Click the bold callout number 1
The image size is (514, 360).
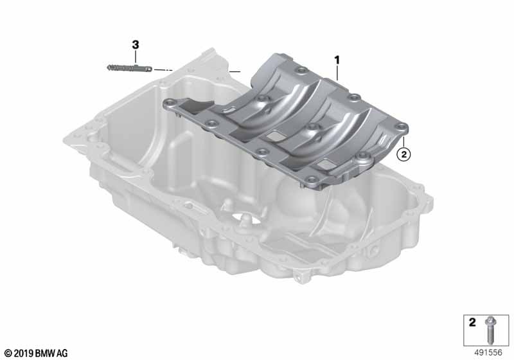click(x=337, y=60)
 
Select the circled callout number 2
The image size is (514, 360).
click(x=403, y=154)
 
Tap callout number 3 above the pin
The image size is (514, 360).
click(x=136, y=45)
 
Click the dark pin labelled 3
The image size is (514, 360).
click(x=130, y=68)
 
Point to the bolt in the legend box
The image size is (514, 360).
click(x=490, y=330)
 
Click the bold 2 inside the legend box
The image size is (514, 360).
click(x=472, y=322)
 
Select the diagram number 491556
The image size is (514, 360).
click(x=488, y=352)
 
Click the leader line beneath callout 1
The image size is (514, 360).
click(x=337, y=73)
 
